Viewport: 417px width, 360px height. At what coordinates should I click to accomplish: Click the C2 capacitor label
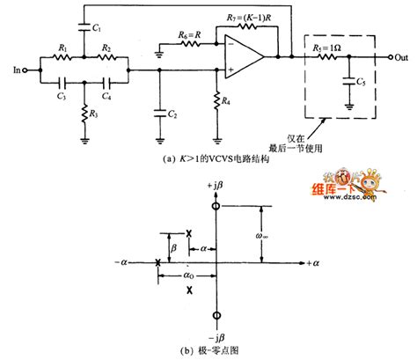coord(175,114)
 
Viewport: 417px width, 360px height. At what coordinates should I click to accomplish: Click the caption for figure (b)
coord(214,349)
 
